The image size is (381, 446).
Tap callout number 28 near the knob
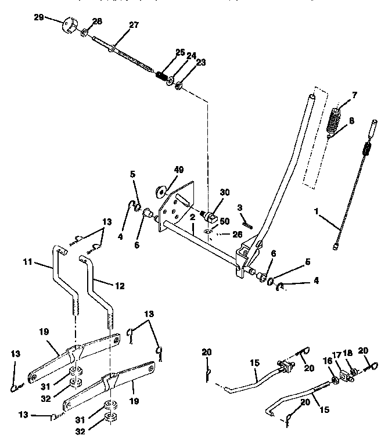point(97,21)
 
